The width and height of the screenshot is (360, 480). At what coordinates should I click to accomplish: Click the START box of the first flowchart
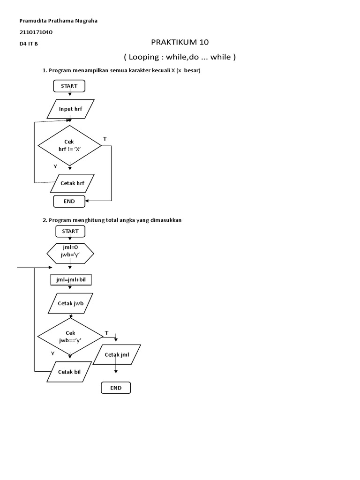pos(69,86)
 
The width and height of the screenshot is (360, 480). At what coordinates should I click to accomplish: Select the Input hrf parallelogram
pos(70,109)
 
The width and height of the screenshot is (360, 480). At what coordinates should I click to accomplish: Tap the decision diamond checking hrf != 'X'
pos(69,146)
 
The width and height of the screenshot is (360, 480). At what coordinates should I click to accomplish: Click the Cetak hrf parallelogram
pos(72,183)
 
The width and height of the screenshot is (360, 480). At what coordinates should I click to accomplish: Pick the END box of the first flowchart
pos(69,202)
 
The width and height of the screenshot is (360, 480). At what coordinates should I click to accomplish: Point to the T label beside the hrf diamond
pos(105,139)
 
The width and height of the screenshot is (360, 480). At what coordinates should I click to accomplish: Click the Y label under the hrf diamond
pos(55,166)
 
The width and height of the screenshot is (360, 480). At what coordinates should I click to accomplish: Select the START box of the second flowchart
pos(70,231)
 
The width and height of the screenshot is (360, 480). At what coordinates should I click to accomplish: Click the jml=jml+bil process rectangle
pos(71,280)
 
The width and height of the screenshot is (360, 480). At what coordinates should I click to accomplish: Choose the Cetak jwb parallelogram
pos(70,303)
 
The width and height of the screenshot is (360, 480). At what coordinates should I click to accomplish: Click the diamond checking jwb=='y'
pos(70,337)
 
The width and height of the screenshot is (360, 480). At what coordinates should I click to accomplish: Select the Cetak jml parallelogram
pos(117,354)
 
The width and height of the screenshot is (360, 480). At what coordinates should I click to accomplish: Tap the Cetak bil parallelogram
pos(69,372)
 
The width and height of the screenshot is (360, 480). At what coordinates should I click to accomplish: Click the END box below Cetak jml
pos(116,388)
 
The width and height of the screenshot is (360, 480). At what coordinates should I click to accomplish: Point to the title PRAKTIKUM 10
pos(180,42)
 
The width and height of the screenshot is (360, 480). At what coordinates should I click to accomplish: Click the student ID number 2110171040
pos(36,32)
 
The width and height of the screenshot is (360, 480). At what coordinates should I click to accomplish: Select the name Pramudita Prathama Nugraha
pos(58,21)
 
